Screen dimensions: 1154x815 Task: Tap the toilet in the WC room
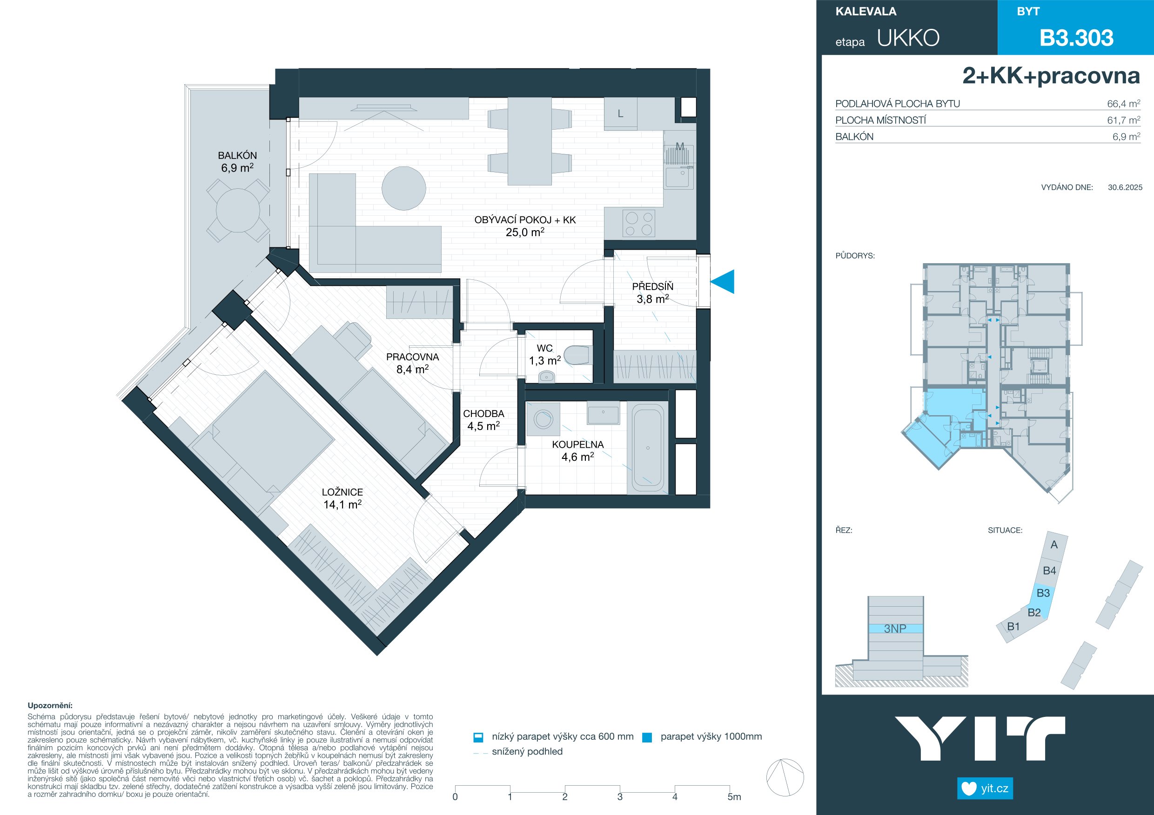[x=577, y=355]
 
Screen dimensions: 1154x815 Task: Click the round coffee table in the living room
[x=403, y=188]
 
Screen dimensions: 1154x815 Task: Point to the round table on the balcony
[x=238, y=210]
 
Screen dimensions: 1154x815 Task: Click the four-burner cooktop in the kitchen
[x=639, y=224]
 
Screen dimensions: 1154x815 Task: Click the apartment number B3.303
[x=1076, y=38]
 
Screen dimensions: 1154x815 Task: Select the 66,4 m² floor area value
[x=1123, y=104]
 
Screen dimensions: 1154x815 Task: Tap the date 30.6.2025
[x=1125, y=187]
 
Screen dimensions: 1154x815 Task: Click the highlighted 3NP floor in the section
[x=895, y=629]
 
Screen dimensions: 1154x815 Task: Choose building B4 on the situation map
[x=1049, y=570]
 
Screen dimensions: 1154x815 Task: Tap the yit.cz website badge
[x=985, y=788]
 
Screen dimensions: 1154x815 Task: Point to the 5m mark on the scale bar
[x=734, y=797]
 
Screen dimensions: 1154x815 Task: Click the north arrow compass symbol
[x=785, y=778]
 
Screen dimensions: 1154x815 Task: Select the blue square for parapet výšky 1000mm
[x=647, y=738]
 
